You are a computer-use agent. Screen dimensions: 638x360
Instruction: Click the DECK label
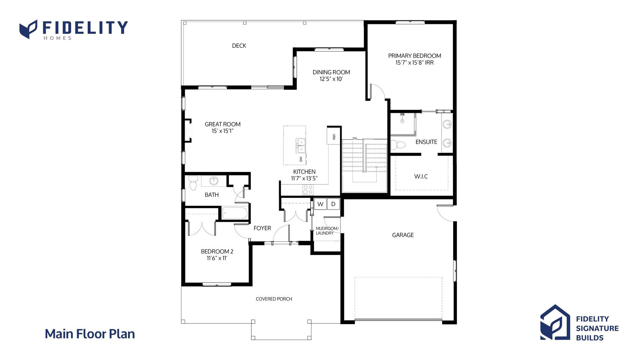coord(239,46)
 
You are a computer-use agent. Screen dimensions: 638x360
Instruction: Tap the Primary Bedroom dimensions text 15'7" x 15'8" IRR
coord(414,63)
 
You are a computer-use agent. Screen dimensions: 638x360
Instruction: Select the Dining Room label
coord(331,72)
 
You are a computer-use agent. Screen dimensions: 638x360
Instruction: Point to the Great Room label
coord(223,124)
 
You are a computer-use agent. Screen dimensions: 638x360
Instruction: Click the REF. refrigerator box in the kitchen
coord(334,136)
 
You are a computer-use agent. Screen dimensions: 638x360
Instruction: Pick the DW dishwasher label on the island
coord(301,159)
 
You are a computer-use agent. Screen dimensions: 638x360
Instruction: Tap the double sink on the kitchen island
coord(301,145)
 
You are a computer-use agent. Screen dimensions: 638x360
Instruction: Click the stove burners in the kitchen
coord(308,190)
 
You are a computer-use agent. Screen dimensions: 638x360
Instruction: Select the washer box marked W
coord(320,204)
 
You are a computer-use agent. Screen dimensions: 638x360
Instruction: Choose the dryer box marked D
coord(333,204)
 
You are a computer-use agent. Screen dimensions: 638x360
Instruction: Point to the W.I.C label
coord(421,176)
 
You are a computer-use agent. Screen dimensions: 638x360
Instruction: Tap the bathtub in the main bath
coord(235,213)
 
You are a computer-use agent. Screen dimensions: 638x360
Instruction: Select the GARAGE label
coord(403,235)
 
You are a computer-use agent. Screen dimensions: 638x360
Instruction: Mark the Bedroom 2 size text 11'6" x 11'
coord(217,258)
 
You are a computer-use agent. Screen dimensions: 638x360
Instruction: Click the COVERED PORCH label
coord(274,299)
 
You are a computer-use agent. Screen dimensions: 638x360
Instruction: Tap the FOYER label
coord(262,228)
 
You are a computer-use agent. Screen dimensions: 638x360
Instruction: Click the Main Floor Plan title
coord(90,334)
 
